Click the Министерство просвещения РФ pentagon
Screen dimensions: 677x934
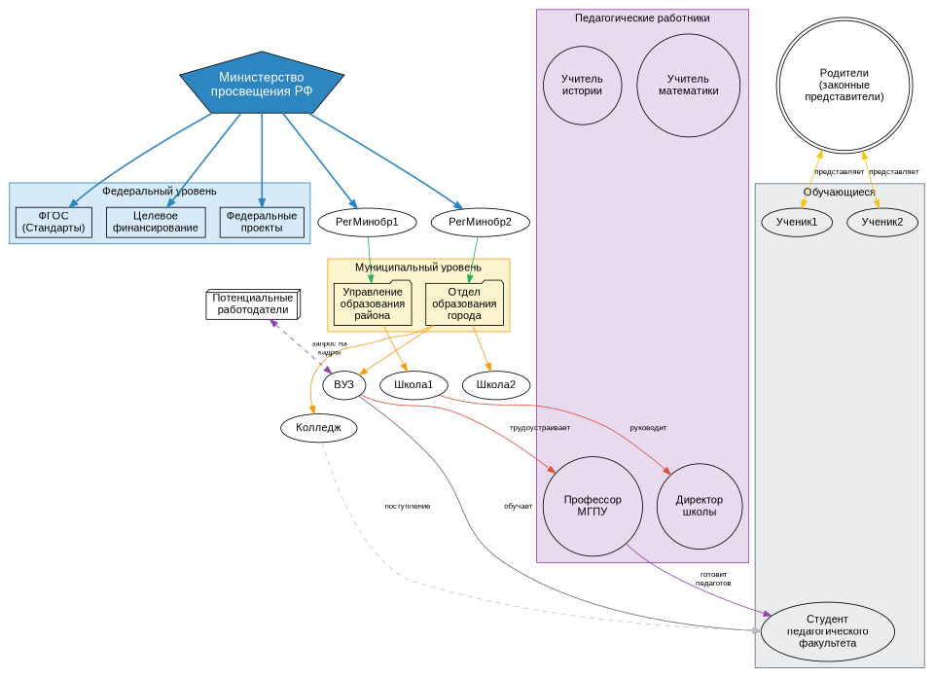coord(262,84)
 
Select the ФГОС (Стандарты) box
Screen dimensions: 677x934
coord(54,222)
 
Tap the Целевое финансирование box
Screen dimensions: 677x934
coord(156,222)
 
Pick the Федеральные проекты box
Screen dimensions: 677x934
coord(262,222)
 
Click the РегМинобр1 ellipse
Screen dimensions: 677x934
coord(367,222)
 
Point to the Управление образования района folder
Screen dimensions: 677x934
coord(373,303)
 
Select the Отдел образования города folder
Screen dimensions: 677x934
coord(464,303)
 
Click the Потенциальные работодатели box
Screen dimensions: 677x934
coord(252,303)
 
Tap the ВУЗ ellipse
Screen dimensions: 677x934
coord(343,385)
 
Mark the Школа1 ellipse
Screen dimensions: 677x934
coord(413,385)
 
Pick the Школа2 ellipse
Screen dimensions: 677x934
coord(496,385)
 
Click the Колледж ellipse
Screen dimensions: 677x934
coord(318,427)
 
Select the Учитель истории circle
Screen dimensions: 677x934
coord(582,85)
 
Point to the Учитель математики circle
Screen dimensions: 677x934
coord(688,85)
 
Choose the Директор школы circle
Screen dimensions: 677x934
coord(700,506)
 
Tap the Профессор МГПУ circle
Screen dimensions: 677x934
coord(592,506)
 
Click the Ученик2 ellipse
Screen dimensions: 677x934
coord(881,222)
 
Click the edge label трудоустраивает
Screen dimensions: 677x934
coord(540,428)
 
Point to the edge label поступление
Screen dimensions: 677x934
coord(407,506)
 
